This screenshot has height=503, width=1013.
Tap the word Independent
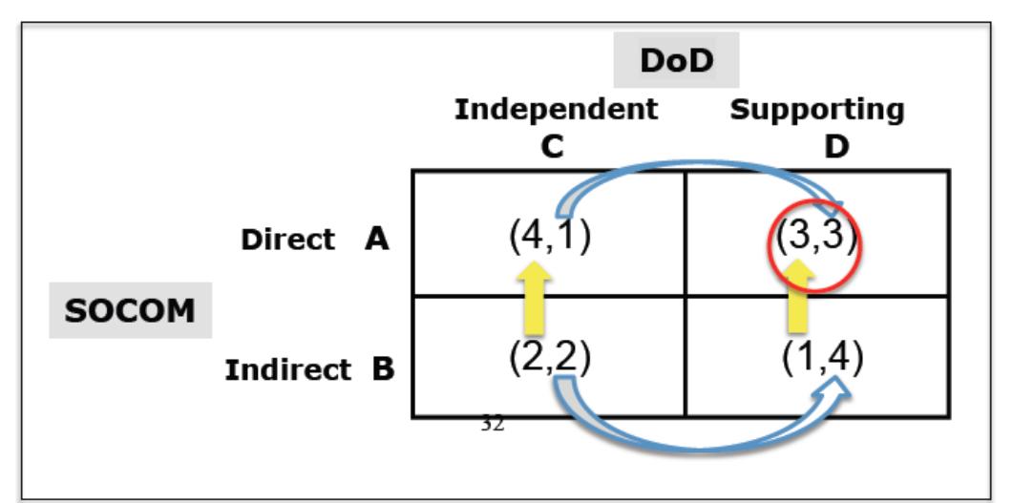[556, 110]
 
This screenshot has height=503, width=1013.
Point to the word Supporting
[817, 110]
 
